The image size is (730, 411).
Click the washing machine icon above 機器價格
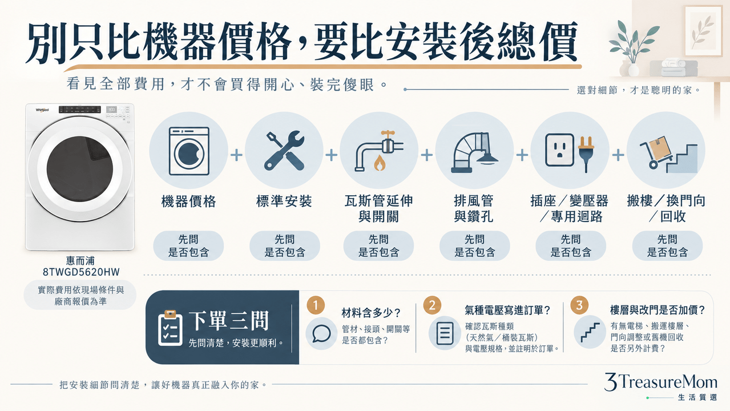point(189,151)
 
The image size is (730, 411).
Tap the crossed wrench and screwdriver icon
point(284,151)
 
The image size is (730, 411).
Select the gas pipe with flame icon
point(378,151)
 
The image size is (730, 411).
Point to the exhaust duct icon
point(474,152)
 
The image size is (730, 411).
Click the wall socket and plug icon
point(570,152)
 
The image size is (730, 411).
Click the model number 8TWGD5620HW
point(81,272)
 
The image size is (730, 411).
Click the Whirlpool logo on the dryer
point(42,110)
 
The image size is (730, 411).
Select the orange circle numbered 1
point(316,305)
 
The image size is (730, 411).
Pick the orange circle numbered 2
point(432,305)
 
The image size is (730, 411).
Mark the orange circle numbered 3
point(579,305)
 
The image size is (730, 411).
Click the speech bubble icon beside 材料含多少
point(321,334)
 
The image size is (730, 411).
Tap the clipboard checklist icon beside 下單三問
point(170,328)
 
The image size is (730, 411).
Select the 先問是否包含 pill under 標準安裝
point(284,246)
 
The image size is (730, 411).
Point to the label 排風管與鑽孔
point(474,208)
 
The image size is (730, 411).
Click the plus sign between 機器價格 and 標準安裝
point(237,155)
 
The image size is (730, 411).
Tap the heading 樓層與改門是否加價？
point(658,310)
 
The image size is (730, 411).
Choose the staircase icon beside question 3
point(590,332)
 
